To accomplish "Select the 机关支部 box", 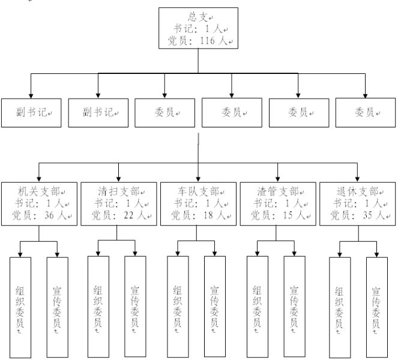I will click(x=39, y=204).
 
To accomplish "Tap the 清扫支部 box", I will click(x=118, y=204).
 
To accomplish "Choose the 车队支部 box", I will click(x=198, y=204).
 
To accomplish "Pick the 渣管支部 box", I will click(x=277, y=204).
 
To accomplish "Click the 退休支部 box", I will click(x=357, y=204).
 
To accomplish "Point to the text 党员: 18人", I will click(x=198, y=215).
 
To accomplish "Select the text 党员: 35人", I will click(x=357, y=215).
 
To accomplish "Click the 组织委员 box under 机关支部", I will click(x=20, y=307).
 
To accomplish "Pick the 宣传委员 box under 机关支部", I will click(x=57, y=307).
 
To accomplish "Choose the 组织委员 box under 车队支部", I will click(x=178, y=307).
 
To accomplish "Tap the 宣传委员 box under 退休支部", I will click(x=376, y=307).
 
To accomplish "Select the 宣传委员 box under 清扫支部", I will click(x=135, y=307).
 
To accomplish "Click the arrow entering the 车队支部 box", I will click(x=199, y=176).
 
